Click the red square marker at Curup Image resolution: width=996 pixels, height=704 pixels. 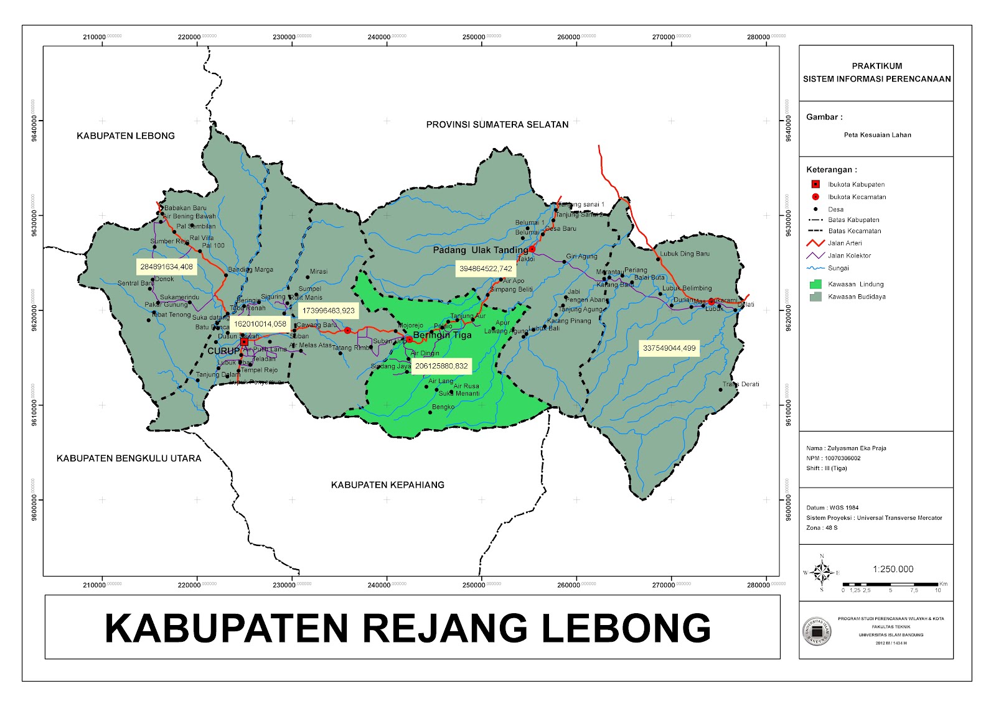coord(244,341)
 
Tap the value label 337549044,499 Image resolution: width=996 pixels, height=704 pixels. coord(669,348)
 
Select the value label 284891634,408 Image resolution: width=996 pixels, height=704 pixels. coord(166,267)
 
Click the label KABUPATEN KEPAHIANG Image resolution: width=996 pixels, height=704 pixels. coord(387,484)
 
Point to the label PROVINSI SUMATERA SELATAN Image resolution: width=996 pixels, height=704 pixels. coord(497,124)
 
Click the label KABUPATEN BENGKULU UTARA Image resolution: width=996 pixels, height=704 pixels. coord(129,458)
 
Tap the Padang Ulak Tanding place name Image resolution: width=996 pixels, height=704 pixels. coord(480,250)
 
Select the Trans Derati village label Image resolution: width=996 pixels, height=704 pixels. coord(741,384)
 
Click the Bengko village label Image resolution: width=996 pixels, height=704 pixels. coord(443,407)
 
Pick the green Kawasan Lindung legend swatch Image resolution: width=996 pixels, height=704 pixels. coord(815,284)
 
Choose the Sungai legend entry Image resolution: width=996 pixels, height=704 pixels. coord(838,268)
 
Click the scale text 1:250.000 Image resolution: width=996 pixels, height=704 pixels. coord(893,569)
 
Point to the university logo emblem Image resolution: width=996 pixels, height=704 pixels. coord(816,631)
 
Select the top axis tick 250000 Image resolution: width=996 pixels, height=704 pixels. coord(474,37)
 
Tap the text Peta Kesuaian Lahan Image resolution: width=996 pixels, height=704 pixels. coord(877,135)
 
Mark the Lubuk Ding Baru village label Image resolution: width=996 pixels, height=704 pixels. coord(685,254)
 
